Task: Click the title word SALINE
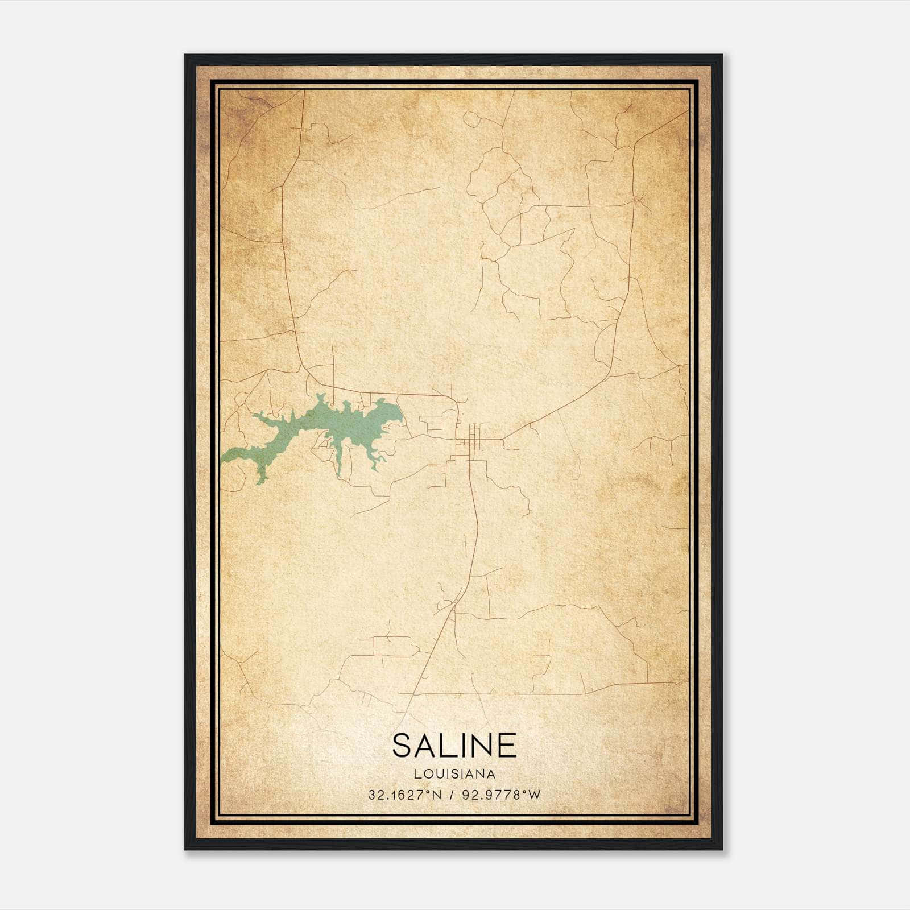(454, 745)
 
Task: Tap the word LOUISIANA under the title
(454, 774)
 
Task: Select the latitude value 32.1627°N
(404, 795)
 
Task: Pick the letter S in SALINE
(402, 745)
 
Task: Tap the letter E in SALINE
(508, 745)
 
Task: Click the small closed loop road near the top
(471, 118)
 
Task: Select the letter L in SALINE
(445, 745)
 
